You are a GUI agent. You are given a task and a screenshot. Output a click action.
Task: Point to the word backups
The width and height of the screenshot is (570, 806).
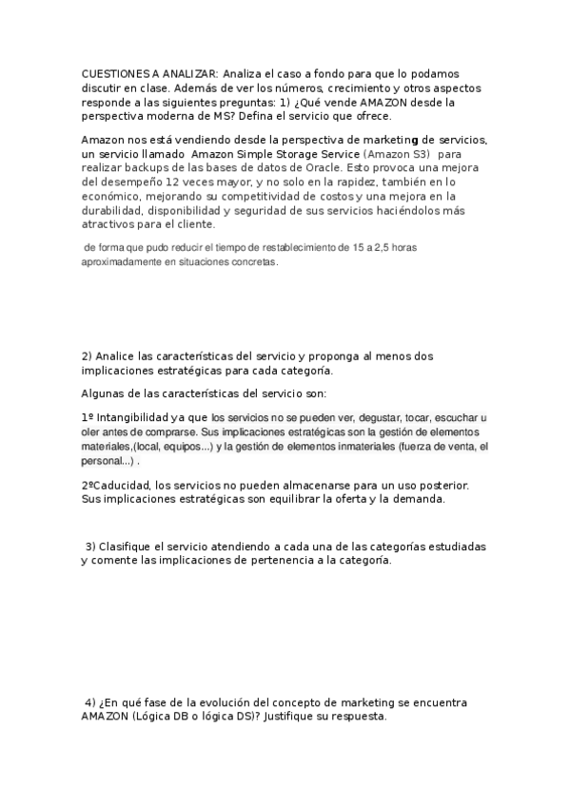click(140, 168)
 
